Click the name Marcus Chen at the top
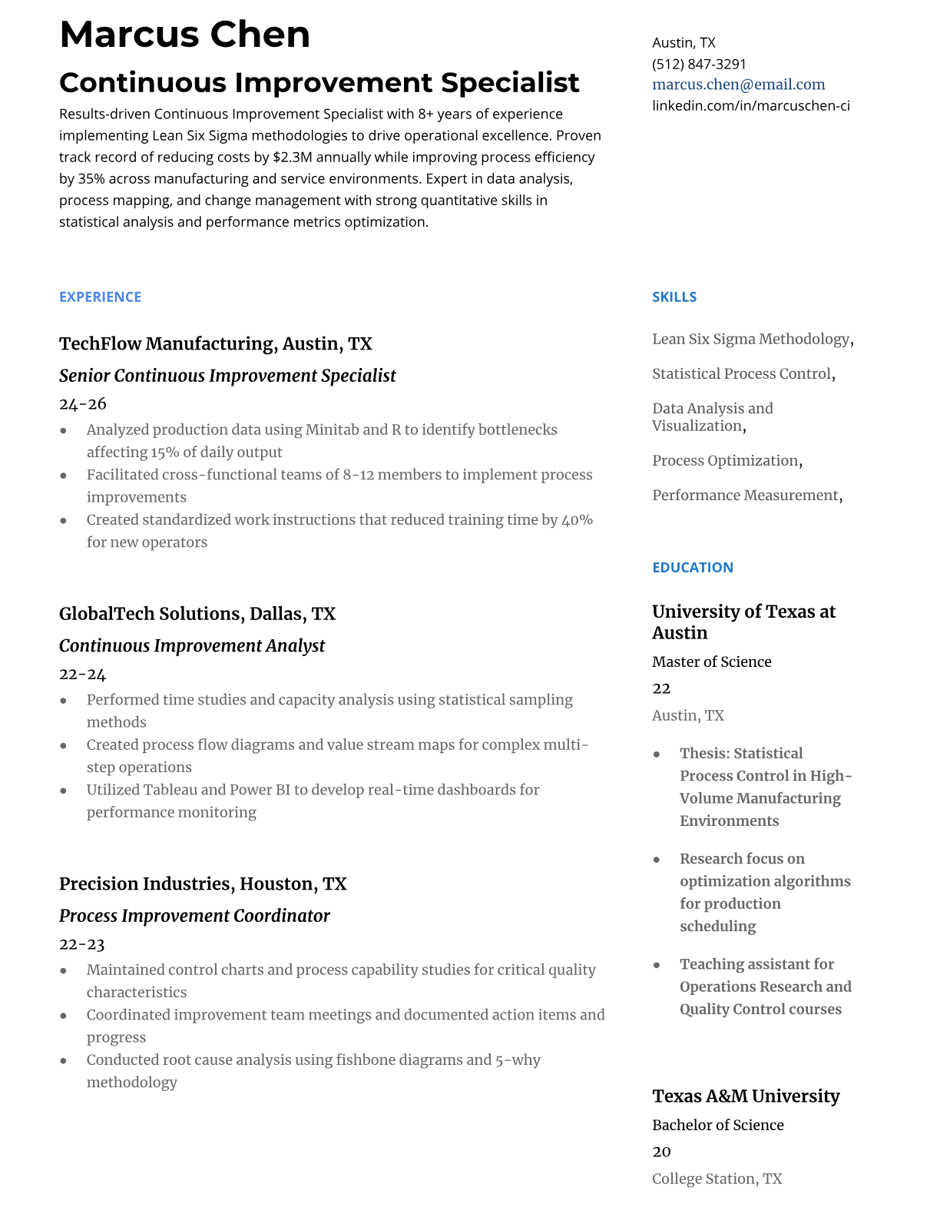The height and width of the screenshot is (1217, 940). coord(184,35)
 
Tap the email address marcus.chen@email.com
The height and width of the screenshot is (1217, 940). coord(738,85)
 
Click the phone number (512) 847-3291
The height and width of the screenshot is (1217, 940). coord(699,64)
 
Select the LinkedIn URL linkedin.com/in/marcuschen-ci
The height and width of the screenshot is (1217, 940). coord(750,105)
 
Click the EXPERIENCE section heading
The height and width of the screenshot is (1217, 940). coord(100,297)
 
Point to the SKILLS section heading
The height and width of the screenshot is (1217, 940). coord(674,297)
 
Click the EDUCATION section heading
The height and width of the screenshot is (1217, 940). coord(692,567)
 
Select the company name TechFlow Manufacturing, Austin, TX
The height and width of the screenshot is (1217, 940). coord(215,343)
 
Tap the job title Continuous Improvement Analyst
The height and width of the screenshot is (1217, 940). coord(191,645)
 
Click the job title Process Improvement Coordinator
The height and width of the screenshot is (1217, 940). coord(194,915)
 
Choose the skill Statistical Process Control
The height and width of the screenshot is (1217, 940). coord(741,373)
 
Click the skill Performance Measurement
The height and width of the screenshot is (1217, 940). coord(745,495)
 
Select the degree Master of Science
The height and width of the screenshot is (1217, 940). coord(711,662)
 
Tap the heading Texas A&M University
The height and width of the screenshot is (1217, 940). coord(745,1096)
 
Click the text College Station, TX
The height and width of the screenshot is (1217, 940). coord(717,1178)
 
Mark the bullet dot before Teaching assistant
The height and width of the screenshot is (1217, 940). coord(657,965)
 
